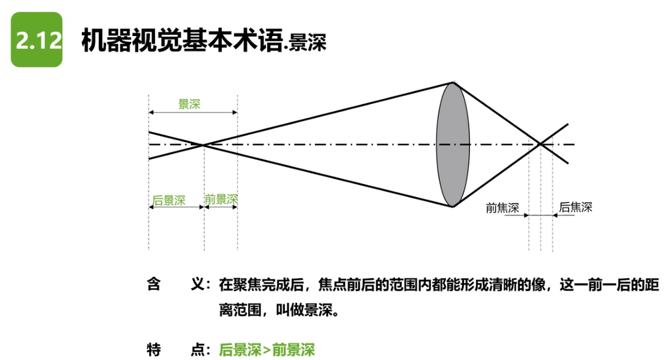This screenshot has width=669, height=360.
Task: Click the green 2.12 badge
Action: click(37, 40)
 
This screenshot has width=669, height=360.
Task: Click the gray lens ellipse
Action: click(453, 145)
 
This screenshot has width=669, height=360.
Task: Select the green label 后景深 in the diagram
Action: click(169, 198)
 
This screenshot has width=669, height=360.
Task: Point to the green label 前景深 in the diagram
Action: click(221, 198)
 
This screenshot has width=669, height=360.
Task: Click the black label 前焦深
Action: click(502, 208)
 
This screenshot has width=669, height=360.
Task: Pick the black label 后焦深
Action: click(575, 207)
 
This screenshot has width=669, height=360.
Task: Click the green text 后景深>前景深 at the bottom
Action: click(266, 349)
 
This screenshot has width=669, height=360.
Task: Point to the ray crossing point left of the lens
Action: click(204, 145)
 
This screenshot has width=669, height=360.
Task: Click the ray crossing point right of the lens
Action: click(540, 145)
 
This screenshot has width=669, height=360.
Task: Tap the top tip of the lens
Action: click(453, 82)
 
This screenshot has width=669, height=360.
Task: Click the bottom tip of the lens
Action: click(453, 207)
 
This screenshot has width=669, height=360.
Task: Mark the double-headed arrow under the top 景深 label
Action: click(193, 113)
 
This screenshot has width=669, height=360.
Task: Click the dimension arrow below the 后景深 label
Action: click(176, 206)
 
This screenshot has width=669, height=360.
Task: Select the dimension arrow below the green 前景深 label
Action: click(221, 206)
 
